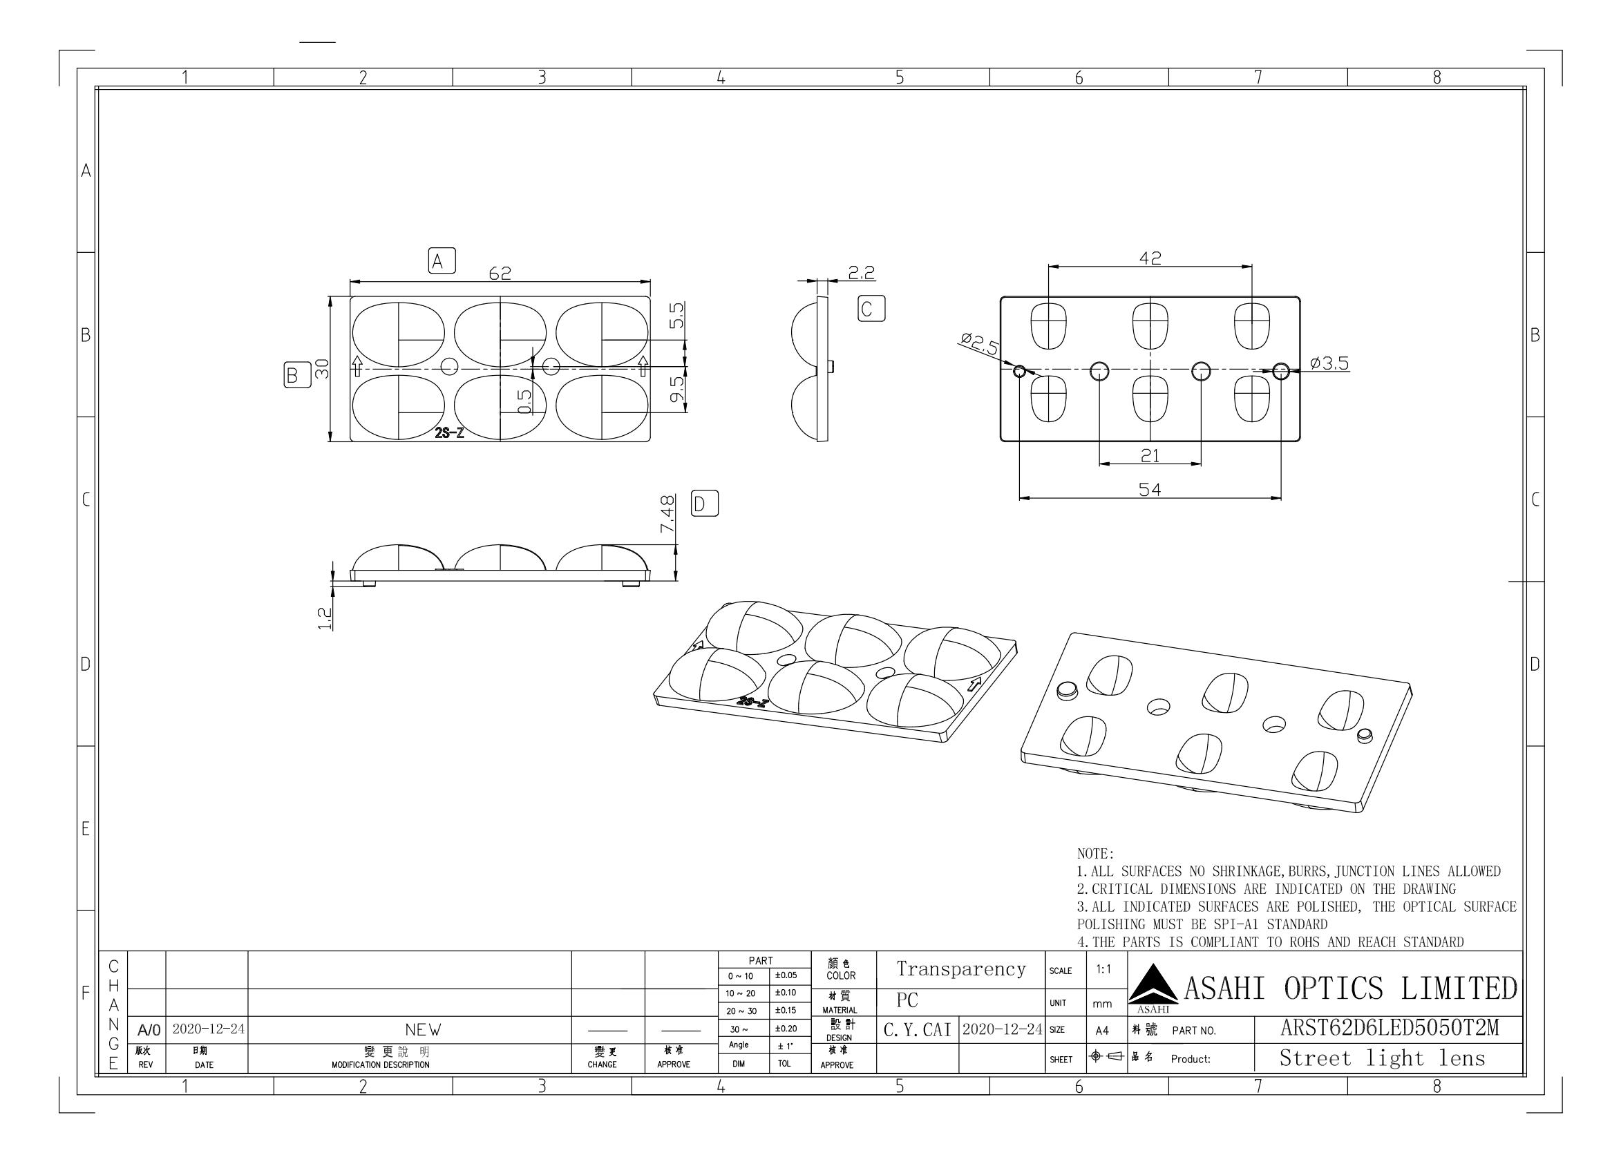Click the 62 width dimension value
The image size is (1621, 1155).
(x=500, y=272)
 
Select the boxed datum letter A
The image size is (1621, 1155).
(x=442, y=261)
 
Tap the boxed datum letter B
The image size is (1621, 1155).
(x=292, y=374)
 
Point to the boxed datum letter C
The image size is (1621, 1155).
(x=871, y=309)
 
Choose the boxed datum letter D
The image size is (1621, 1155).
(x=704, y=504)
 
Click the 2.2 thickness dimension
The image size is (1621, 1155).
(x=862, y=272)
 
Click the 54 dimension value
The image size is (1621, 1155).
(x=1150, y=489)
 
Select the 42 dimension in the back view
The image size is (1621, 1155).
(x=1150, y=258)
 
